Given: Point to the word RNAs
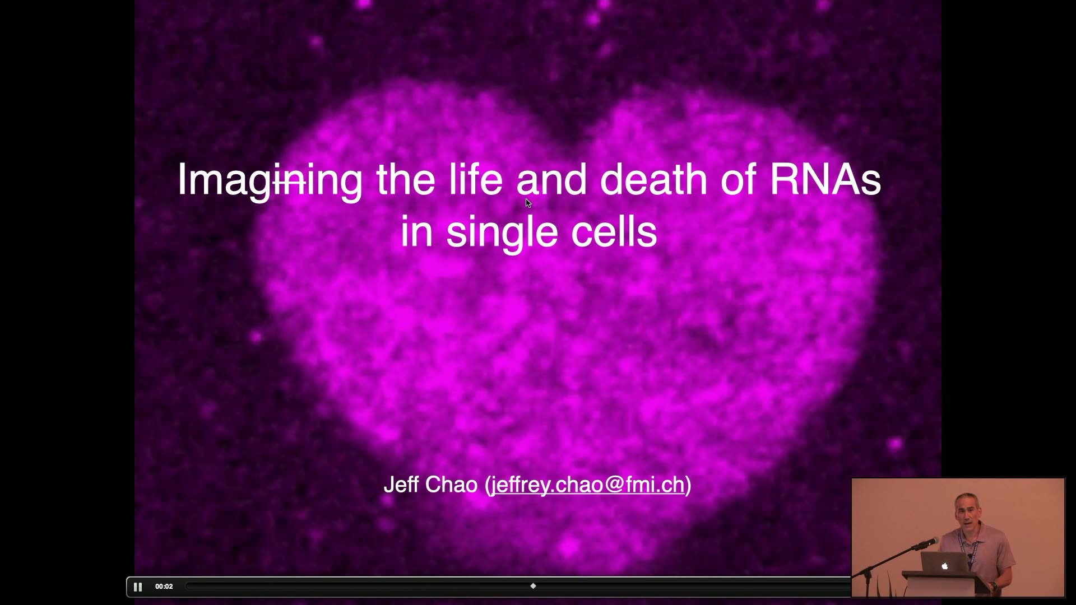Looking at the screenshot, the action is coord(825,179).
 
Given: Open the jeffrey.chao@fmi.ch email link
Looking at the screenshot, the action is coord(588,485).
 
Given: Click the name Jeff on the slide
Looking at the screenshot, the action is coord(402,485).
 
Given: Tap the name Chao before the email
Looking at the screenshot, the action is coord(452,485).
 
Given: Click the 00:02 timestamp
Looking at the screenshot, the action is coord(164,587).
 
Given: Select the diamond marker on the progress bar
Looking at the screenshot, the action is coord(533,586).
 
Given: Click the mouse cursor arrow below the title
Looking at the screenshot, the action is coord(528,203).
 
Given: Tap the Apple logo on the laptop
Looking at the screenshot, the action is coord(944,566).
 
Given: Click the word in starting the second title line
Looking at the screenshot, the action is coord(416,231).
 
